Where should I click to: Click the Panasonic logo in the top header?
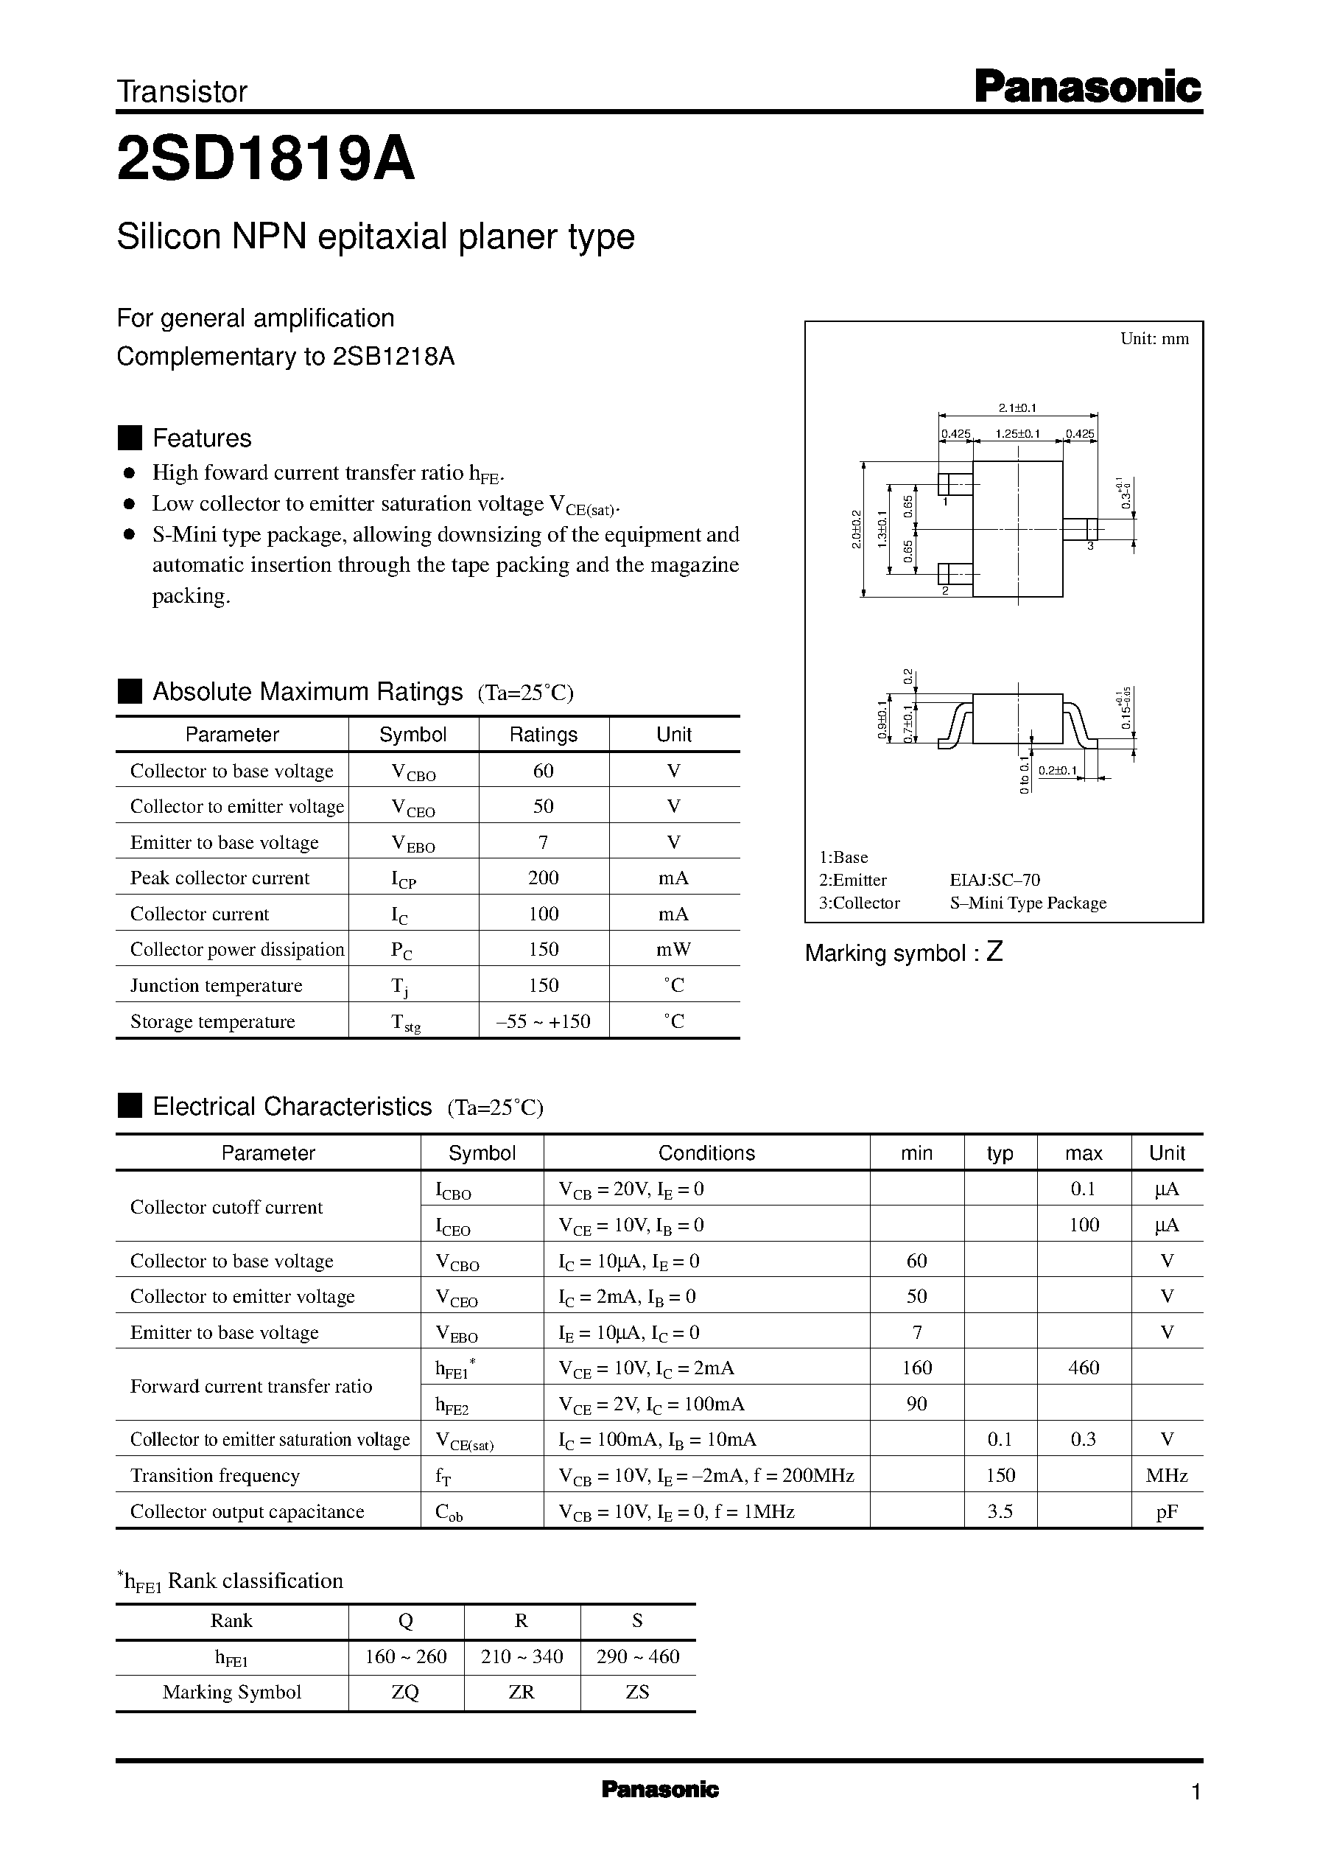point(1086,87)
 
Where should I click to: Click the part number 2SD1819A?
point(266,159)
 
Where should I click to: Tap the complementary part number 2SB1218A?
point(393,356)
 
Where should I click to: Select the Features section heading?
point(202,438)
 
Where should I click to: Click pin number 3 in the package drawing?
point(1090,545)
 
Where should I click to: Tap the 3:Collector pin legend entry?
point(859,903)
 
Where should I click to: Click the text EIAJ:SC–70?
point(995,880)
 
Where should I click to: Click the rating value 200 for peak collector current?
point(543,878)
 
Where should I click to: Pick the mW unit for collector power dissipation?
point(674,950)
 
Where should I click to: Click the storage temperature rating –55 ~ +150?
point(543,1021)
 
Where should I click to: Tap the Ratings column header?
point(543,734)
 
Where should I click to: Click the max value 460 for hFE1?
point(1083,1368)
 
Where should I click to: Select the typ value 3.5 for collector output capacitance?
point(999,1511)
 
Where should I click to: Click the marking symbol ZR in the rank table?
point(521,1692)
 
